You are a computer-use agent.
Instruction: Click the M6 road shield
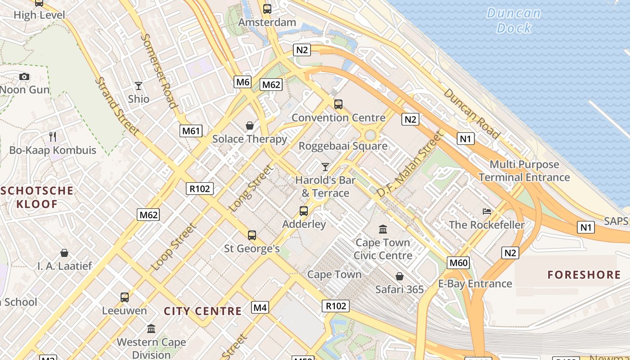pyautogui.click(x=243, y=82)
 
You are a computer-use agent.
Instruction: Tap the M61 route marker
pyautogui.click(x=190, y=131)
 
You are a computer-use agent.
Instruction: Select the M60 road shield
pyautogui.click(x=459, y=263)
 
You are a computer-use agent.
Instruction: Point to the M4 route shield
pyautogui.click(x=260, y=308)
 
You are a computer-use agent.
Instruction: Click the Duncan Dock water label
pyautogui.click(x=514, y=20)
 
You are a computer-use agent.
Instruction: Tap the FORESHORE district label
pyautogui.click(x=584, y=274)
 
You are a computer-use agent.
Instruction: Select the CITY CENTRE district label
pyautogui.click(x=202, y=311)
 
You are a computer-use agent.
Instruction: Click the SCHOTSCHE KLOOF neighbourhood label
pyautogui.click(x=37, y=197)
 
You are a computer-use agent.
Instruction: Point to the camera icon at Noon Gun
pyautogui.click(x=24, y=76)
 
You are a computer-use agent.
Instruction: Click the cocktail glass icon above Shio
pyautogui.click(x=138, y=85)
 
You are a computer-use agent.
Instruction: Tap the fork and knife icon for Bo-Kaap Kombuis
pyautogui.click(x=53, y=136)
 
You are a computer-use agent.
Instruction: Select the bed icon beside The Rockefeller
pyautogui.click(x=486, y=211)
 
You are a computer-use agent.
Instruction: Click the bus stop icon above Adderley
pyautogui.click(x=304, y=211)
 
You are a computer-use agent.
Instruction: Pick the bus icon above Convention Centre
pyautogui.click(x=338, y=104)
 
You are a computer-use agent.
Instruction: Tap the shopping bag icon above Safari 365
pyautogui.click(x=399, y=276)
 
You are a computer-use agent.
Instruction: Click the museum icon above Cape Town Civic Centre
pyautogui.click(x=383, y=229)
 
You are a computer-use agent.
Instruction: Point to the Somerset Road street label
pyautogui.click(x=159, y=71)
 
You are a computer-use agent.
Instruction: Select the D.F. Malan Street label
pyautogui.click(x=410, y=163)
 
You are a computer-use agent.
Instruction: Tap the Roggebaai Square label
pyautogui.click(x=343, y=146)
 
